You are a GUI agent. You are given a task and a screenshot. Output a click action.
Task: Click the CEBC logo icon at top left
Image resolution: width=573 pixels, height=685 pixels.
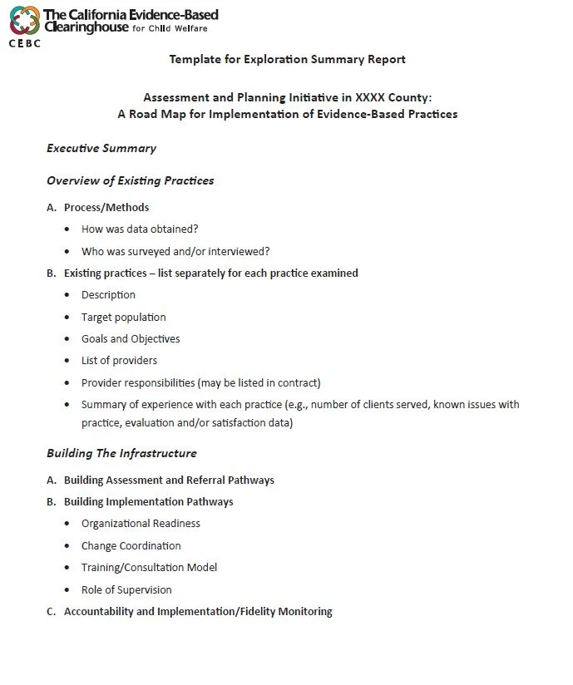point(23,21)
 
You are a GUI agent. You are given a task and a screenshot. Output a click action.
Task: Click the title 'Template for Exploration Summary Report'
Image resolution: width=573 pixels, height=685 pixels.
point(287,59)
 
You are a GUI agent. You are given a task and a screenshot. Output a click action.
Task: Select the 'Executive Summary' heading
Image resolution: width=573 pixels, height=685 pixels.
point(101,149)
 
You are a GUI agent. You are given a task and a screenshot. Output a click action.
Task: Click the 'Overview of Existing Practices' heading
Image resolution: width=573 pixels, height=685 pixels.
point(130,180)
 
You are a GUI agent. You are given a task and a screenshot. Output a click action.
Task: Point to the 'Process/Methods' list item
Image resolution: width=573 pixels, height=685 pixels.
point(106,207)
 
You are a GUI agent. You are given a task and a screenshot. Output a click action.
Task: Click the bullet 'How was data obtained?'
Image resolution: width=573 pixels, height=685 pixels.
point(140,229)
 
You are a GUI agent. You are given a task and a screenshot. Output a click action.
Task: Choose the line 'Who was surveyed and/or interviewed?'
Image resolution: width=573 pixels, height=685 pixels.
point(175,251)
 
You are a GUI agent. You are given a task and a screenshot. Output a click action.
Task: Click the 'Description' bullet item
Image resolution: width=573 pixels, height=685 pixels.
point(108,294)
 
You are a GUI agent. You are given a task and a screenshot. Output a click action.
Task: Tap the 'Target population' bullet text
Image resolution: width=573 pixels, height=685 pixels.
point(123,317)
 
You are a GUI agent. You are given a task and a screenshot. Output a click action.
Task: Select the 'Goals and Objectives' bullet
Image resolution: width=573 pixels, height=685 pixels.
point(131,338)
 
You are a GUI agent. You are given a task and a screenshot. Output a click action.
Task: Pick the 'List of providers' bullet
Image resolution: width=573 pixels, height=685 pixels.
point(119,360)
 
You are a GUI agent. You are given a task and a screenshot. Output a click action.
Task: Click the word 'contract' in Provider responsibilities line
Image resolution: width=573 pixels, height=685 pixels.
point(298,382)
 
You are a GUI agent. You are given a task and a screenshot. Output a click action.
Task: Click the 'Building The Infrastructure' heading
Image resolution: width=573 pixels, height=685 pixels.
point(121,453)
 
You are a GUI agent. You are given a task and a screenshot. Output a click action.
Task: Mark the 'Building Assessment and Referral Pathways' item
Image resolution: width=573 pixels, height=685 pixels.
point(169,480)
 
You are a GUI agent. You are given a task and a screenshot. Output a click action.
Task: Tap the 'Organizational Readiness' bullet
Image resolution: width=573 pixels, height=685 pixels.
point(141,523)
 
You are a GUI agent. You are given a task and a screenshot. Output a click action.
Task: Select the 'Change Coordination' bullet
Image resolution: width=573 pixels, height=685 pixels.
point(131,545)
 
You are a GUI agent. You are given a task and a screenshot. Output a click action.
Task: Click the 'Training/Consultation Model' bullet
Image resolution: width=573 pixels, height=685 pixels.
point(149,567)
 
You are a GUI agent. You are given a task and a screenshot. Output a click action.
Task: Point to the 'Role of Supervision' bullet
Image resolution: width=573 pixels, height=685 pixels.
point(126,589)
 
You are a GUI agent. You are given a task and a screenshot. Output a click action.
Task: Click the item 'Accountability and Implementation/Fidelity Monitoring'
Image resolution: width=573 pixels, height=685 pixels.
point(198,611)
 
